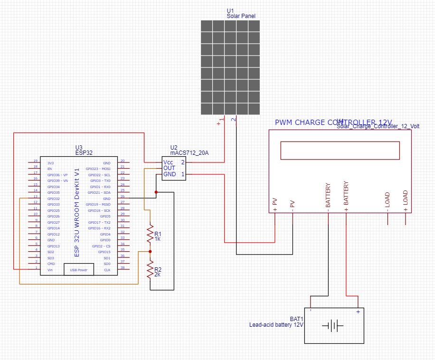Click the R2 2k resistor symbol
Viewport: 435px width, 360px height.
(x=151, y=271)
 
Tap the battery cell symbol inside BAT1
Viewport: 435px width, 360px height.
(x=332, y=326)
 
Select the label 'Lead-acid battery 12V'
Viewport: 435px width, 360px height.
(x=276, y=325)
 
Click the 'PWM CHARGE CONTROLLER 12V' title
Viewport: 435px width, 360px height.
(x=332, y=123)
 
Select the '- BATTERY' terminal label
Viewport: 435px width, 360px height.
(x=328, y=196)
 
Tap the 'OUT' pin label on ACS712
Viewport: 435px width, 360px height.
(x=169, y=168)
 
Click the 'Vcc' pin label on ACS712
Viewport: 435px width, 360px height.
(x=169, y=162)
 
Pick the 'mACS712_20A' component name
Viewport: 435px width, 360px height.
(x=189, y=153)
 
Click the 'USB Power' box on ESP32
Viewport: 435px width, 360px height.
(x=79, y=270)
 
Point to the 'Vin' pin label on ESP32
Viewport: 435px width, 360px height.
(x=50, y=270)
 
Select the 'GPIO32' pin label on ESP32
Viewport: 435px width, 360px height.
(x=53, y=199)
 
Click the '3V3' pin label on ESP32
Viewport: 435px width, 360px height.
(x=50, y=163)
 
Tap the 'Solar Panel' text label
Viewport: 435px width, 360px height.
(x=241, y=16)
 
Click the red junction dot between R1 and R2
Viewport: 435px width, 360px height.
(x=151, y=252)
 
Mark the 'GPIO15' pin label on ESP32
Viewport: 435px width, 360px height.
(x=104, y=252)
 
